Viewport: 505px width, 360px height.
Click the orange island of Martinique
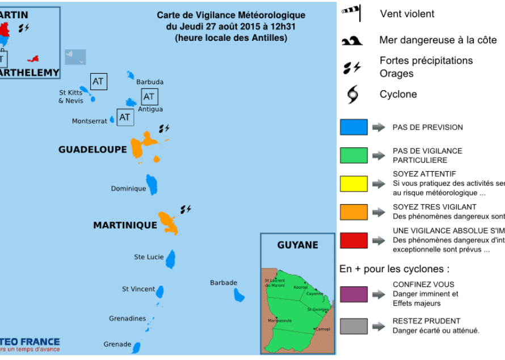[x=169, y=222]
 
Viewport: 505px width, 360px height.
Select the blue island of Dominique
[x=152, y=184]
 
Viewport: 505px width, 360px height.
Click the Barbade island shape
[x=239, y=294]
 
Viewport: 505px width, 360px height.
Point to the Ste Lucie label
[x=149, y=257]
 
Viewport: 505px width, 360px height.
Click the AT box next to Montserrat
[x=125, y=117]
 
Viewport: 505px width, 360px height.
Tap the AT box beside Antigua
[x=149, y=96]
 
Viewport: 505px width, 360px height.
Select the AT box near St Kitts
[x=98, y=81]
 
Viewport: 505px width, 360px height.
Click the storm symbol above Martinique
[x=186, y=209]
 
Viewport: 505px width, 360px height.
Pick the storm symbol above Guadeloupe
[x=164, y=128]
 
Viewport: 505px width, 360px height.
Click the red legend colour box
[x=354, y=240]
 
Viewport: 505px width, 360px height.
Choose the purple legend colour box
[x=354, y=294]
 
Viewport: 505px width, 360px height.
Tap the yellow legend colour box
[x=354, y=184]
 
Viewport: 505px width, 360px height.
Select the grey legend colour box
[x=354, y=326]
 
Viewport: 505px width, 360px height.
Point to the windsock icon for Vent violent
[x=352, y=11]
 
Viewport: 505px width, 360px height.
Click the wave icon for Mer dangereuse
[x=352, y=41]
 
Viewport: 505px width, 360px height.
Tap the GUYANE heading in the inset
[x=297, y=245]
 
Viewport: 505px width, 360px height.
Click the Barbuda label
[x=150, y=82]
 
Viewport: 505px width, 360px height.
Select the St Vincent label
[x=138, y=289]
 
